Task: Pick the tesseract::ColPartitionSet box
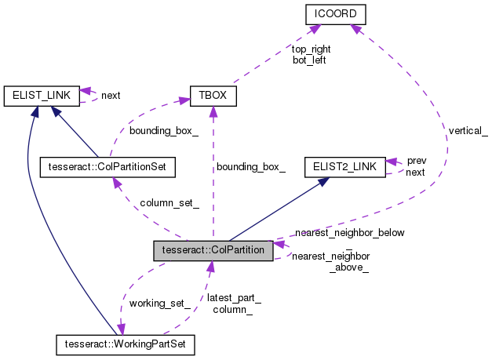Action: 107,166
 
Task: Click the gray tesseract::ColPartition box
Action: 213,250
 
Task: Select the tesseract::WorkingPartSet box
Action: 126,344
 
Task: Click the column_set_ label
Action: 169,204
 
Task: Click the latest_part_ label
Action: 234,298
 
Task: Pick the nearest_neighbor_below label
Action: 349,233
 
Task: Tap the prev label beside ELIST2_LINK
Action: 416,161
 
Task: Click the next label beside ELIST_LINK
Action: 111,96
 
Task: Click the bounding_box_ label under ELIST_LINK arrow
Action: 163,131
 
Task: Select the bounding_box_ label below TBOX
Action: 251,166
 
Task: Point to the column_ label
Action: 233,310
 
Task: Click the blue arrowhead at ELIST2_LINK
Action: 323,182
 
